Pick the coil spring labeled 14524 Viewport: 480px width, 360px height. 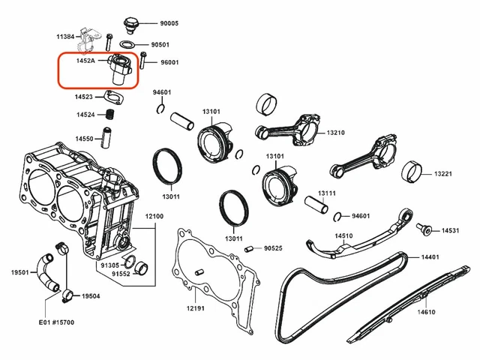point(109,115)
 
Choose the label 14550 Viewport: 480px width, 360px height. point(84,139)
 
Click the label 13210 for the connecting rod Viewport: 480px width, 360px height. point(335,133)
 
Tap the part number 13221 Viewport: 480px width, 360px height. point(442,174)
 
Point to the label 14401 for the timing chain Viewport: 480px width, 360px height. point(430,257)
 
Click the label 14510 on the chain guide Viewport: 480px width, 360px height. point(343,235)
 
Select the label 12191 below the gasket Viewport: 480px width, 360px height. point(195,308)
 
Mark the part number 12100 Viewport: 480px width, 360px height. point(154,216)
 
